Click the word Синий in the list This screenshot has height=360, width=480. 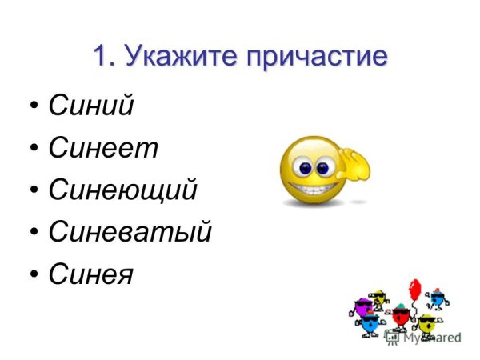[x=90, y=106]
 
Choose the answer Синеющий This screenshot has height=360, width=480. [x=122, y=190]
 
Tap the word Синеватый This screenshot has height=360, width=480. [x=130, y=233]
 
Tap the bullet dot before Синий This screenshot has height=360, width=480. [x=34, y=106]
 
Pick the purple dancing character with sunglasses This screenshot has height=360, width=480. [x=364, y=305]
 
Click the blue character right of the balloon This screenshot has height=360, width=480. [x=437, y=300]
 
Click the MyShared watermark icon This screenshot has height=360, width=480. [x=392, y=337]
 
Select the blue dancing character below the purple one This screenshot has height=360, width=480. [x=370, y=325]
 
